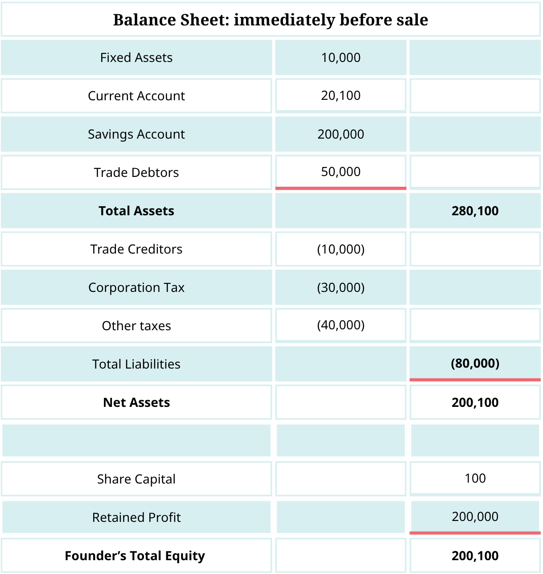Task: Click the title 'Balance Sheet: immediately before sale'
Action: point(271,20)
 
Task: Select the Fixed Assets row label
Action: point(136,57)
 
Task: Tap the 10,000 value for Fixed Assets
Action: point(341,57)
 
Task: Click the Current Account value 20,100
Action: point(341,95)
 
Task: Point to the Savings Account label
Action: point(136,134)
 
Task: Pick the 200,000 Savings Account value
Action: point(341,134)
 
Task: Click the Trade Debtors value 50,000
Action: point(341,172)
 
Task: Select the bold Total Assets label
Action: point(136,211)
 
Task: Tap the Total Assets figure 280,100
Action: point(475,211)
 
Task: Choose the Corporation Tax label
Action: point(136,287)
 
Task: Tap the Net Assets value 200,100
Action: point(475,402)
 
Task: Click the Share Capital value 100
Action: point(475,478)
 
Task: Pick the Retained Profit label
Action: point(136,517)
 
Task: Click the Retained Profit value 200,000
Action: point(475,517)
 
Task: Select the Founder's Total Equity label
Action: point(135,556)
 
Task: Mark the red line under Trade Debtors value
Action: point(341,189)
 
